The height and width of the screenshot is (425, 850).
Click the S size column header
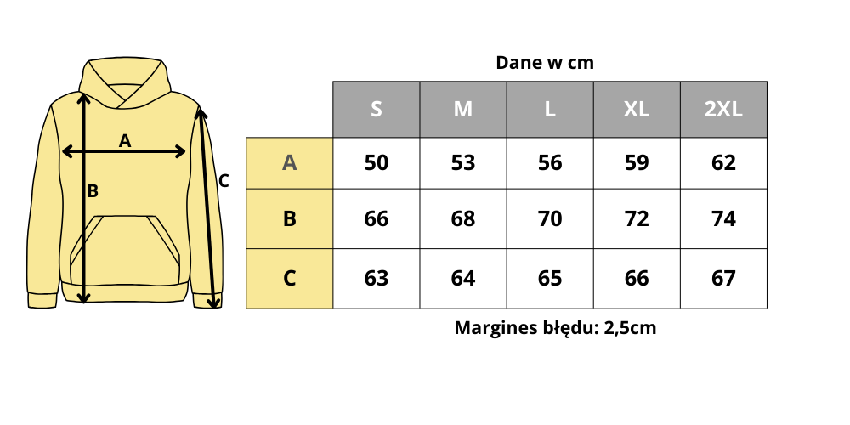coord(377,110)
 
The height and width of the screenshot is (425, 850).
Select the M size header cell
coord(463,110)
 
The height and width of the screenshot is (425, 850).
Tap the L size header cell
coord(550,110)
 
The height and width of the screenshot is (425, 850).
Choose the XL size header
coord(637,110)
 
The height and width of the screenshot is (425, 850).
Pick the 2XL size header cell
coord(723,110)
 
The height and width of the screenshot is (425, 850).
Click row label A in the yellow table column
coord(289,163)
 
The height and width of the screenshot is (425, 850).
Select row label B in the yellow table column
coord(289,219)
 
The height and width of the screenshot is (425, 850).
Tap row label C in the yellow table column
coord(289,279)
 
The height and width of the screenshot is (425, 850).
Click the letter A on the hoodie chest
coord(125,141)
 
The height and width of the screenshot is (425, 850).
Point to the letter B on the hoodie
coord(93,191)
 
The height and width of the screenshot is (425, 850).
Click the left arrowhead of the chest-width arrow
coord(65,151)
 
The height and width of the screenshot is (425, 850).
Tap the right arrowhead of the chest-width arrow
coord(182,151)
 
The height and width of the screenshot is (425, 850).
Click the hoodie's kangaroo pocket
coord(125,251)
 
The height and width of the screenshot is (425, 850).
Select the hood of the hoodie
coord(125,72)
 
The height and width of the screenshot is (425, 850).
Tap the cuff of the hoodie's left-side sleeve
coord(42,300)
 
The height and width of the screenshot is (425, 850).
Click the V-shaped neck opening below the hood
coord(125,94)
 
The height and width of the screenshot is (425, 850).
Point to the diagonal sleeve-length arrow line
coord(207,204)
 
